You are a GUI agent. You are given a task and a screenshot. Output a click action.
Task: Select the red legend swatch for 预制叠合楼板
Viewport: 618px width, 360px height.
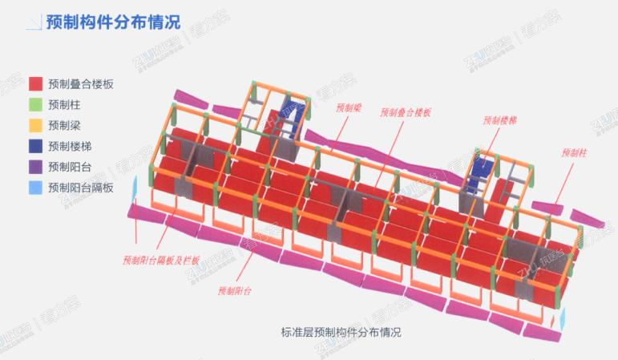(35, 83)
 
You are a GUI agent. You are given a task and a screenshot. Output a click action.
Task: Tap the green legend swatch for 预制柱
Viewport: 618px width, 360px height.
(35, 104)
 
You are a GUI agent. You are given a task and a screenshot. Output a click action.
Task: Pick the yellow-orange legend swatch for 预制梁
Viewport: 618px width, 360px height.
(35, 125)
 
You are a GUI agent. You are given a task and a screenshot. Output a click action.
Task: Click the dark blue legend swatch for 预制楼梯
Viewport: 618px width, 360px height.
(35, 146)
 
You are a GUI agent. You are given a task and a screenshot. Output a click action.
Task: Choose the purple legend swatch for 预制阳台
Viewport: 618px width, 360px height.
(35, 167)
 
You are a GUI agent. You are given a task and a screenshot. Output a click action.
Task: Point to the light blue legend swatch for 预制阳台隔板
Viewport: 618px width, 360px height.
(35, 188)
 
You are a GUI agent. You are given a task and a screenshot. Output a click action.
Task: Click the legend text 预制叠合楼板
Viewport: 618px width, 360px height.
(80, 83)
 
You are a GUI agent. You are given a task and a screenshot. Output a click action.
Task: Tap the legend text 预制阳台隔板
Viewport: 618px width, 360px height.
(80, 188)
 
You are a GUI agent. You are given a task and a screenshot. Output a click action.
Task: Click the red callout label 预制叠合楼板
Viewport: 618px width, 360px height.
(406, 113)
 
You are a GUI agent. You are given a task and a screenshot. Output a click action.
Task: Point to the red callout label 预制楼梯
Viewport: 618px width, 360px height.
(499, 120)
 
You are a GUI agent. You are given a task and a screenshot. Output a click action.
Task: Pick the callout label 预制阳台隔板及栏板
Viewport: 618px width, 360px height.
(161, 260)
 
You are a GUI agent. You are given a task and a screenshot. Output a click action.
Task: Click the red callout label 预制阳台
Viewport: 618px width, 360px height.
(235, 290)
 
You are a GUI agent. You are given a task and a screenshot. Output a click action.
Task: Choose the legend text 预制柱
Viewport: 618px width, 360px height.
(64, 104)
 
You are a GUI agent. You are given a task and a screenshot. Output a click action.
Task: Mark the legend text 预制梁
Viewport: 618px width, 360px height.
(64, 125)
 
